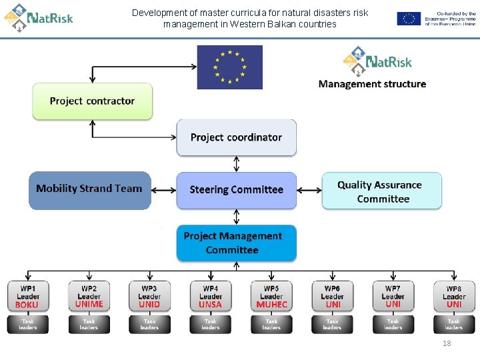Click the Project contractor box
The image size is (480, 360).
click(93, 101)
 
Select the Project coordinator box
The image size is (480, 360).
click(236, 137)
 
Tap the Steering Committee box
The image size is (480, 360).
click(236, 190)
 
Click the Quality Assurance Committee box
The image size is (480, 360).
click(381, 191)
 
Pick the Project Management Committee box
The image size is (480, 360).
click(236, 243)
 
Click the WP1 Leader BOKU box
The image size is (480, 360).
click(28, 296)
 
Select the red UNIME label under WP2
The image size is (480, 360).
click(89, 304)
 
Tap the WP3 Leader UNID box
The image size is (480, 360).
click(149, 296)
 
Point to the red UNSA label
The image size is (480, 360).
click(210, 305)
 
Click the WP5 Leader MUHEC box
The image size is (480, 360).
click(271, 296)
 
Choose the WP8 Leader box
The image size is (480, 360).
click(454, 296)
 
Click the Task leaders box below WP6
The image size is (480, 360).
click(332, 325)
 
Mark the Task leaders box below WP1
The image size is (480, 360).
click(28, 325)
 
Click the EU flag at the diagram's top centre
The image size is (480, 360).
click(229, 67)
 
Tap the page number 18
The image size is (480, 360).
click(447, 343)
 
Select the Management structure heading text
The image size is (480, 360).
click(372, 84)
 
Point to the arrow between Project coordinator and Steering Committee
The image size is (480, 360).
click(236, 164)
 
